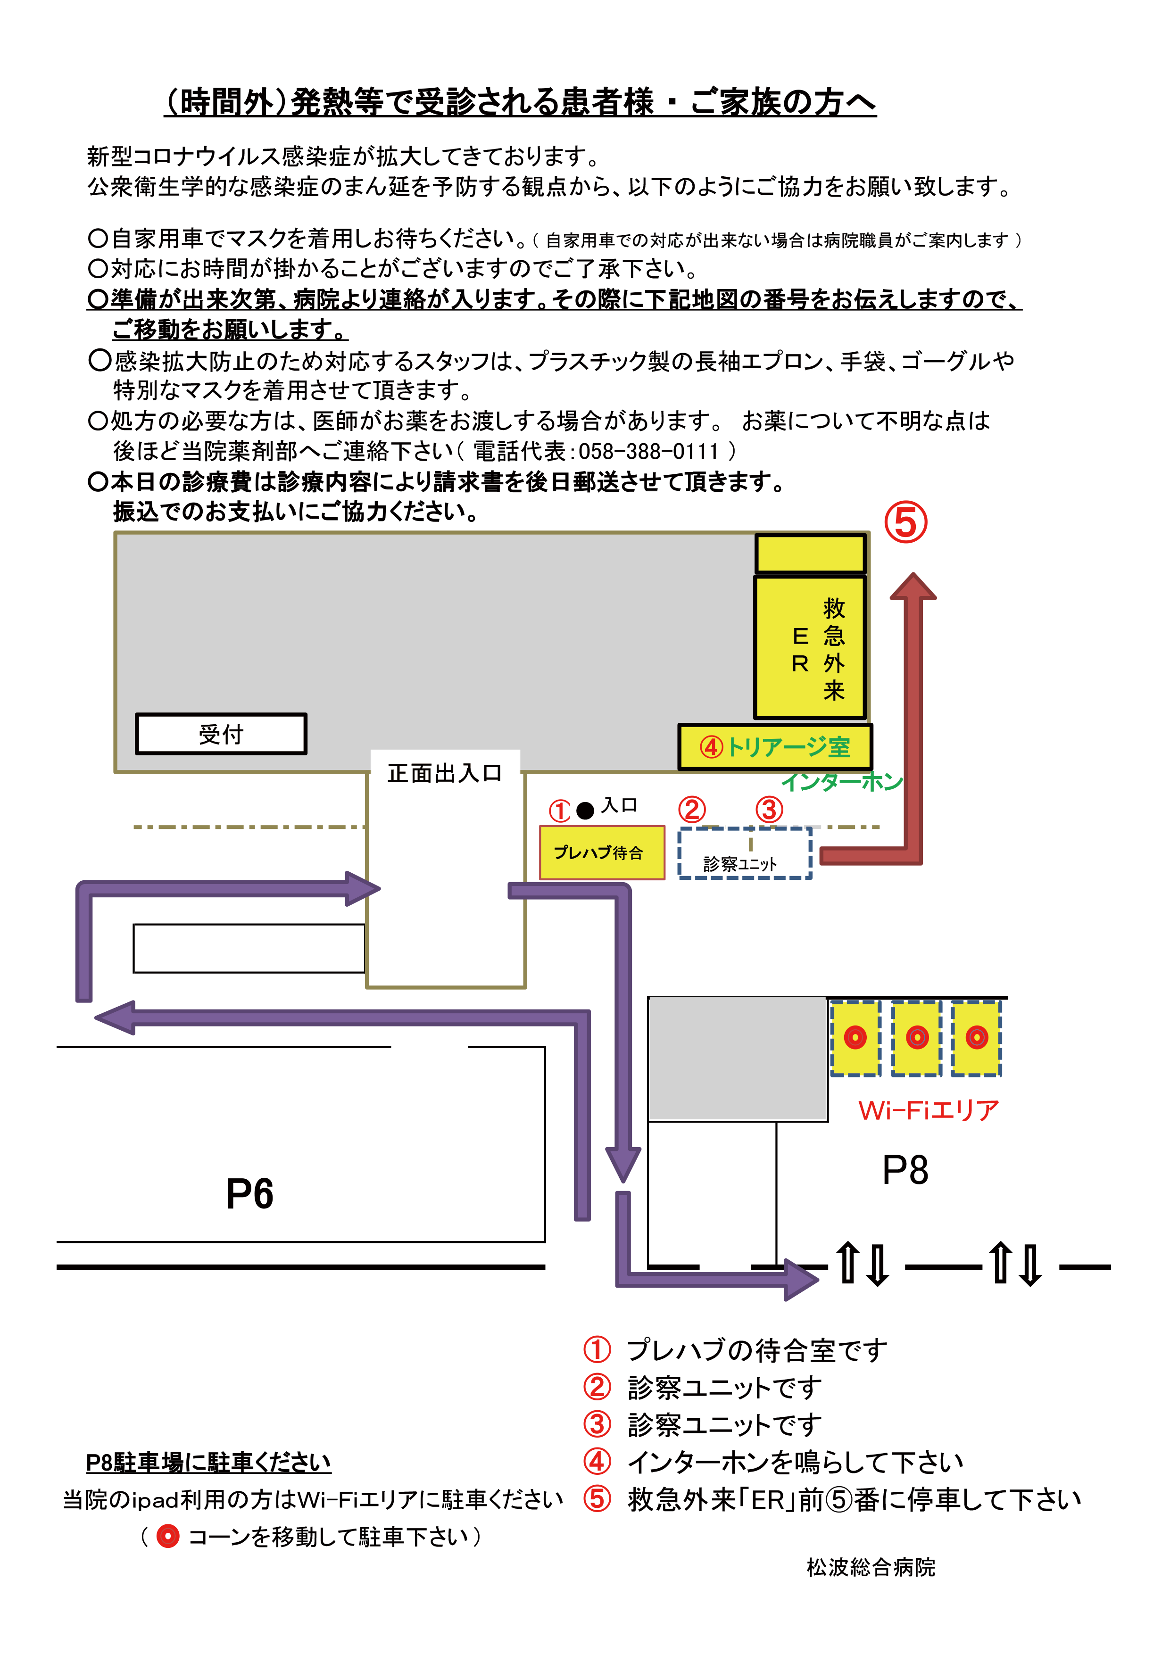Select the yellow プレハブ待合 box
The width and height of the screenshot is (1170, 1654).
[x=602, y=853]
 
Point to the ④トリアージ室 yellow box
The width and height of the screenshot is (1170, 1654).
[x=774, y=747]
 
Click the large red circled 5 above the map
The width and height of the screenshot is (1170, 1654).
[x=905, y=523]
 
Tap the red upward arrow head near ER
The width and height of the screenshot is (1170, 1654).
[x=913, y=587]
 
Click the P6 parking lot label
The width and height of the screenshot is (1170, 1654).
[x=249, y=1194]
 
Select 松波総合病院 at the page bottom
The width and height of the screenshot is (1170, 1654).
[x=870, y=1568]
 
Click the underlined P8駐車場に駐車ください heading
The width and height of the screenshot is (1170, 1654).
[x=208, y=1463]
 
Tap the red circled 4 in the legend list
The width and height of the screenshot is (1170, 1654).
[x=597, y=1462]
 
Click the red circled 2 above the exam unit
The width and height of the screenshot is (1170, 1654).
[x=692, y=810]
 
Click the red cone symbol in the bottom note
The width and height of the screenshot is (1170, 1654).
[x=168, y=1537]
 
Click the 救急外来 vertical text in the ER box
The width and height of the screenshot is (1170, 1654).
[x=834, y=648]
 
